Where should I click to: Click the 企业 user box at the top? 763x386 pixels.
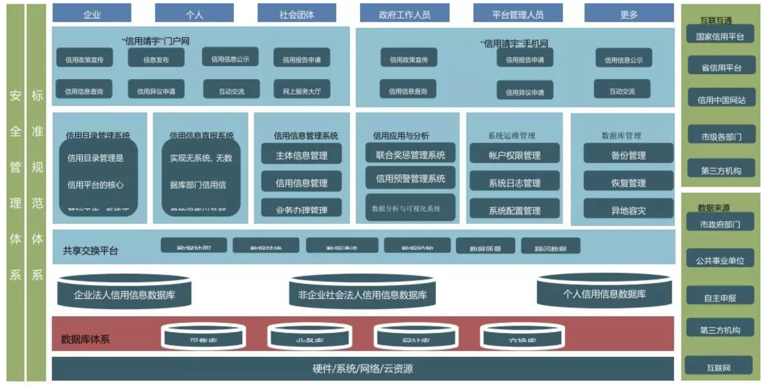(92, 14)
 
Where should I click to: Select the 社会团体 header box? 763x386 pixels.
(297, 14)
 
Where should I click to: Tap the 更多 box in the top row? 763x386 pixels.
(629, 14)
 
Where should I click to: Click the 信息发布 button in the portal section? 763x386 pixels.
(156, 59)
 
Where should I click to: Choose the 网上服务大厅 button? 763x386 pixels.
(302, 90)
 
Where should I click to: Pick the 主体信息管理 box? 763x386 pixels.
(301, 155)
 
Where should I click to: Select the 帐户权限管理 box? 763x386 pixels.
(514, 155)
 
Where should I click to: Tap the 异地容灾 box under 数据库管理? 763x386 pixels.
(628, 210)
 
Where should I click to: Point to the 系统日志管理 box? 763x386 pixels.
(514, 182)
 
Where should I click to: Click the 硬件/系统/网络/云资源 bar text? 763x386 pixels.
(362, 368)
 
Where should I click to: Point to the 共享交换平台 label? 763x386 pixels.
(90, 250)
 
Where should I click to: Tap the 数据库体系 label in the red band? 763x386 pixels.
(85, 338)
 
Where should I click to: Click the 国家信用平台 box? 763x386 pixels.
(720, 36)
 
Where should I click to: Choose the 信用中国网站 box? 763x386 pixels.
(721, 99)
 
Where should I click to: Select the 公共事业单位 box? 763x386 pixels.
(720, 260)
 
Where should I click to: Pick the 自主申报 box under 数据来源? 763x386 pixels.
(720, 297)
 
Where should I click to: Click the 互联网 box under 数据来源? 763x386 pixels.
(718, 367)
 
